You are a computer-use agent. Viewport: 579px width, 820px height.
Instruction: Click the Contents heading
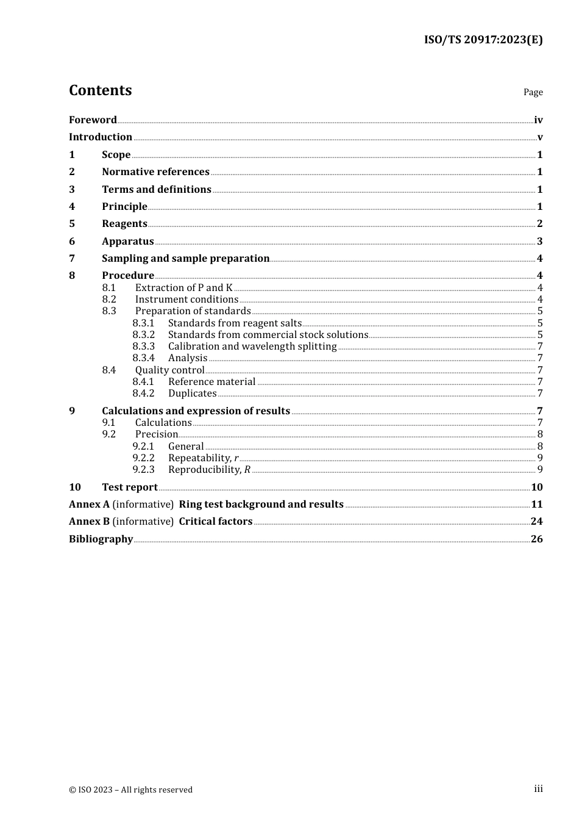point(100,90)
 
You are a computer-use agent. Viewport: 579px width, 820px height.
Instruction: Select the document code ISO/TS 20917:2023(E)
point(483,40)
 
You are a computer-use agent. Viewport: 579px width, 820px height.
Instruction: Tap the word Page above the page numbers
point(533,92)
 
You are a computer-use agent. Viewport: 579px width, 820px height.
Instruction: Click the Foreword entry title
point(93,120)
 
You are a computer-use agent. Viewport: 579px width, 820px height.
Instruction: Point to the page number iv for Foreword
point(538,120)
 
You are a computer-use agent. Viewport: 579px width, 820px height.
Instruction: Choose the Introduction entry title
point(101,137)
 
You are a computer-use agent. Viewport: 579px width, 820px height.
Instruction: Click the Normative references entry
point(155,172)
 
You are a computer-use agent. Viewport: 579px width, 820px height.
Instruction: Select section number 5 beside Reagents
point(72,224)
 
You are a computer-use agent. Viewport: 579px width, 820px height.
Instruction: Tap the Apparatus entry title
point(127,242)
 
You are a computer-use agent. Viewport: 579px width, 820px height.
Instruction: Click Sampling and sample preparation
point(185,259)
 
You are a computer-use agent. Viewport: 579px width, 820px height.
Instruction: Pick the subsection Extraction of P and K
point(183,288)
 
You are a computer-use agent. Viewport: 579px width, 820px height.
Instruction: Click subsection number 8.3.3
point(143,347)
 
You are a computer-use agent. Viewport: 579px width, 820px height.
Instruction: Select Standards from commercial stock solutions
point(268,335)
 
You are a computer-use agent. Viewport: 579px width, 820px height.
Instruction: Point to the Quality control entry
point(169,370)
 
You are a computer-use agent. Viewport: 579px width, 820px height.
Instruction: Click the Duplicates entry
point(192,394)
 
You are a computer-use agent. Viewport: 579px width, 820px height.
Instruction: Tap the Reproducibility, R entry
point(209,470)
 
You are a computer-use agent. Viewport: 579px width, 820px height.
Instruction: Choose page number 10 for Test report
point(536,487)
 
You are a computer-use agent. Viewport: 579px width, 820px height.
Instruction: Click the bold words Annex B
point(89,522)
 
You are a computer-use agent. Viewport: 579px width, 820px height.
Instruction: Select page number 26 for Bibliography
point(536,539)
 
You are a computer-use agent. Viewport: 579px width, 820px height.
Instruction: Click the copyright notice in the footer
point(130,790)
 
